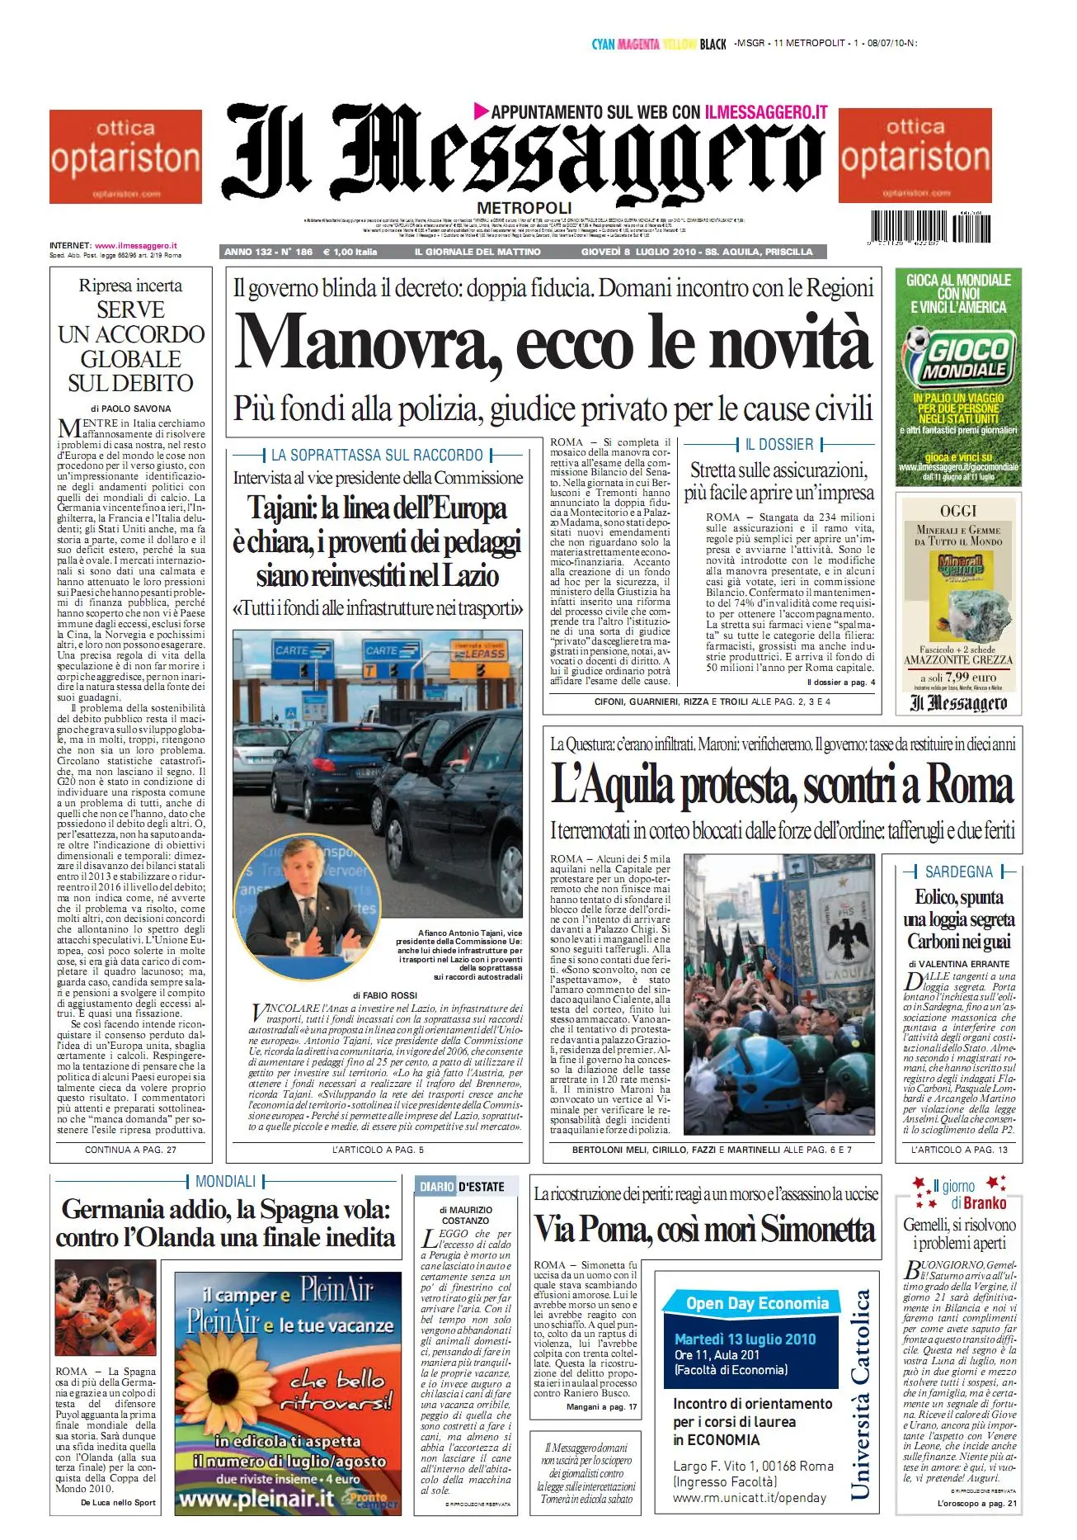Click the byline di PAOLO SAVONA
click(131, 409)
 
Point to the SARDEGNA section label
click(959, 872)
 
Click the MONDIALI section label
click(225, 1182)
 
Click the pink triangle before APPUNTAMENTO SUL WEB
click(482, 110)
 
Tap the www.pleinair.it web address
click(256, 1499)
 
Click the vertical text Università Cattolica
click(860, 1394)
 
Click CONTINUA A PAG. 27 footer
click(130, 1150)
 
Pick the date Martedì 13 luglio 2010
click(745, 1339)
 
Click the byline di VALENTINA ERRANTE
click(959, 964)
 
